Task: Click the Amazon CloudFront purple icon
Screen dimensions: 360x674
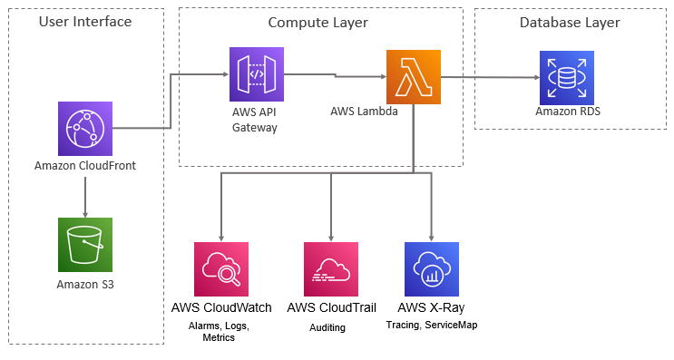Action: [84, 129]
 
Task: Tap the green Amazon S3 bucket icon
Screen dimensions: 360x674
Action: [84, 245]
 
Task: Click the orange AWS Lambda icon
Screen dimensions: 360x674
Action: [414, 77]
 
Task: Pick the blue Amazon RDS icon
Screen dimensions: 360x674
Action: [567, 77]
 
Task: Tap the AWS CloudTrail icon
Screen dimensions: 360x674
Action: [331, 269]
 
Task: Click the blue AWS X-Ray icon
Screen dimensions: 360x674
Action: [431, 269]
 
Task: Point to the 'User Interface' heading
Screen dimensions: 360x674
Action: [85, 22]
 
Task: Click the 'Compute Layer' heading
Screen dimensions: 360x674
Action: [320, 22]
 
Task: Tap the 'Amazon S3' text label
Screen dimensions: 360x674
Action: [84, 284]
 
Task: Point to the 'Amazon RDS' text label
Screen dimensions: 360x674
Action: [567, 112]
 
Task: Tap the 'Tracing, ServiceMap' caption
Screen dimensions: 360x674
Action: [431, 325]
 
